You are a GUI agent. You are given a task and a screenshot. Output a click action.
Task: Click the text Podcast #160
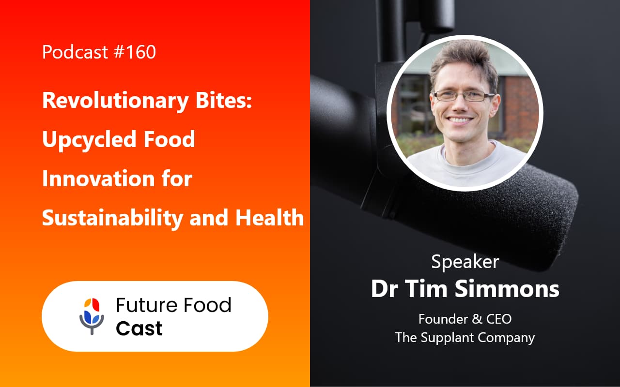[99, 52]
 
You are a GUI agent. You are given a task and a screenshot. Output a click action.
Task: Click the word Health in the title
[269, 218]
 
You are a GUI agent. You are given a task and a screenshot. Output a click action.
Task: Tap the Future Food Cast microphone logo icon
[92, 315]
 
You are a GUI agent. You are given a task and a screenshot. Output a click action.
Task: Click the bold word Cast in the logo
[139, 328]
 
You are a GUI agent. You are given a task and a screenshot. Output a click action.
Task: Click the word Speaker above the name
[465, 262]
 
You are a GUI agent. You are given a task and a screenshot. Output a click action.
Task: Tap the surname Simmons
[508, 289]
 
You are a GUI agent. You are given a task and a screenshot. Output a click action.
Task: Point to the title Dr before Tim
[385, 289]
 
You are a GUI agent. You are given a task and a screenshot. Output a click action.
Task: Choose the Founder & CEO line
[465, 319]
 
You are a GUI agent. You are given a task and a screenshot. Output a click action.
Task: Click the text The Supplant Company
[465, 337]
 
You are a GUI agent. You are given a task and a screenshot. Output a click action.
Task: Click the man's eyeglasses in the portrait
[464, 95]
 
